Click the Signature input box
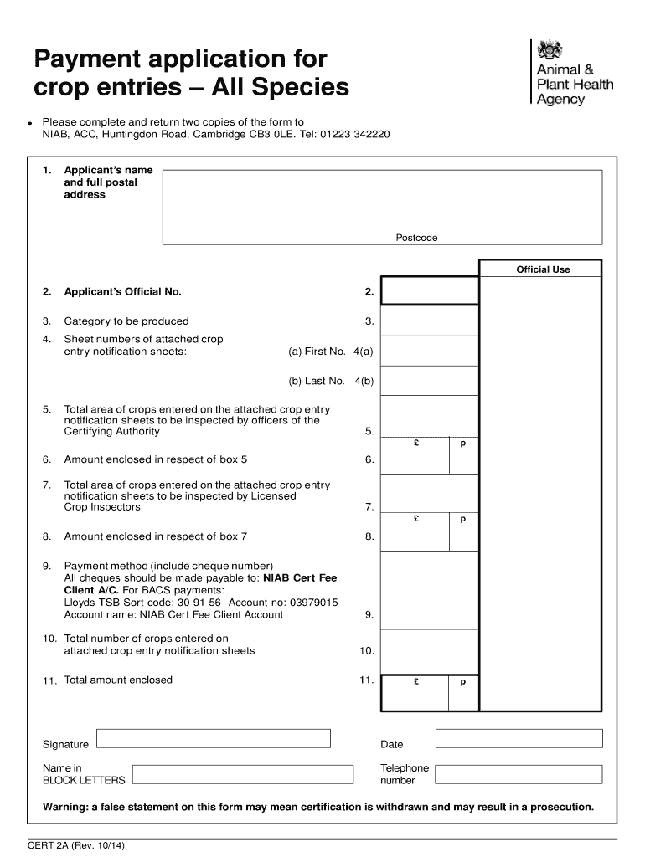tap(213, 738)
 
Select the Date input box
tap(519, 738)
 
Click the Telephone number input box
tap(519, 774)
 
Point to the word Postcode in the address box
tap(416, 238)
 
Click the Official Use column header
tap(543, 269)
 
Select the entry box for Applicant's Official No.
tap(429, 291)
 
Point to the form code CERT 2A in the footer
tap(49, 845)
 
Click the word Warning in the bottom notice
tap(64, 808)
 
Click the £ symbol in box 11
tap(416, 682)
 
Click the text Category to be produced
tap(126, 321)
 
